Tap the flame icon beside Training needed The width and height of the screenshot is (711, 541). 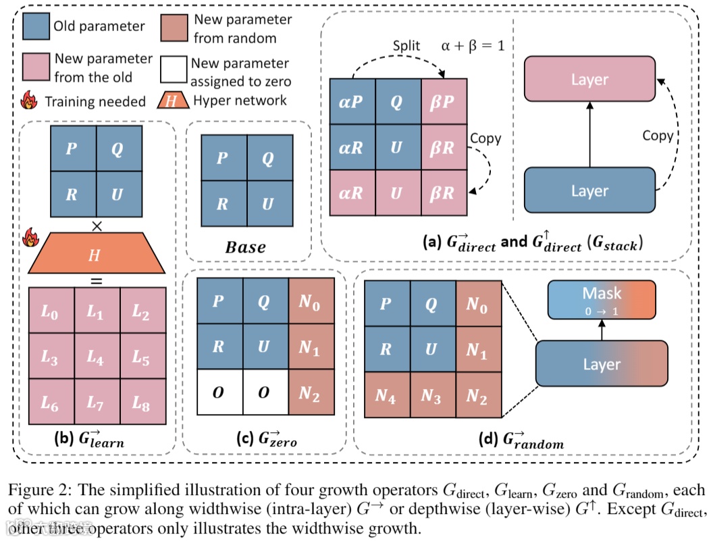[x=29, y=101]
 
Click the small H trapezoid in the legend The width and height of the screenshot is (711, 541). [x=174, y=101]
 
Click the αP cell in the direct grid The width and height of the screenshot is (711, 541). [x=352, y=102]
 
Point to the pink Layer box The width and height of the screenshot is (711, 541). [x=589, y=80]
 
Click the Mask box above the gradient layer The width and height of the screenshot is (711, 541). [x=601, y=299]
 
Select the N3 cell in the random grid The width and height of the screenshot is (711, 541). [x=432, y=396]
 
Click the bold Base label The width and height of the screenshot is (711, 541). [x=245, y=247]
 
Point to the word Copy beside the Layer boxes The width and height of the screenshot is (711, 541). [x=657, y=136]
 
